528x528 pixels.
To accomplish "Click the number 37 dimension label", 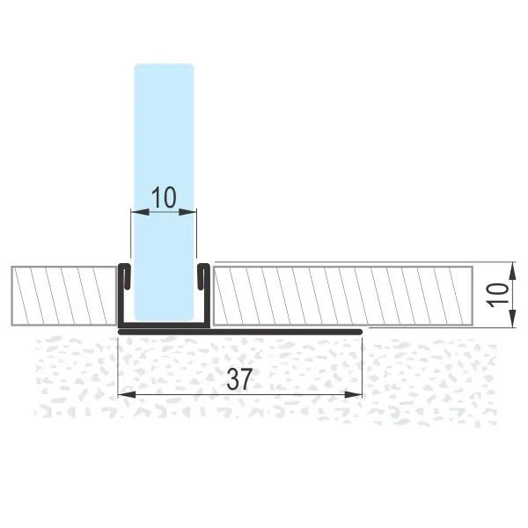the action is point(239,379).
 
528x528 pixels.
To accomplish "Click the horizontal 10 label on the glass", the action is point(164,197).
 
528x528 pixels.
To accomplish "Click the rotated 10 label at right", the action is point(498,295).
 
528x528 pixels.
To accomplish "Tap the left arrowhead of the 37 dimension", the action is point(127,394).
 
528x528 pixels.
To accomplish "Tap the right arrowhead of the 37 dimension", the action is point(353,394).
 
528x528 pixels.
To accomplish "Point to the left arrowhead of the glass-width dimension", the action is point(140,212).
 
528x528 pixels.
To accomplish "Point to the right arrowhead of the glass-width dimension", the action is point(187,212).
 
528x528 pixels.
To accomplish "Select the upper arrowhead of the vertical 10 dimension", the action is point(512,271).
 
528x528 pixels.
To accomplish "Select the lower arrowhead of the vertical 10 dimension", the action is point(512,319).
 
